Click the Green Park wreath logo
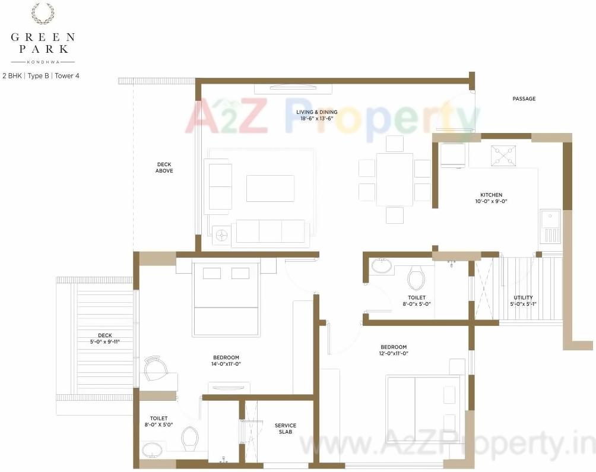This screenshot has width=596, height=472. point(42,13)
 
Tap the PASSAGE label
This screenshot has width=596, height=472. point(524,99)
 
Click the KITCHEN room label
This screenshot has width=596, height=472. point(491,195)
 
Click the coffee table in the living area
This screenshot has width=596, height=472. point(270,188)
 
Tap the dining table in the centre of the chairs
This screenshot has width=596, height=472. point(394,179)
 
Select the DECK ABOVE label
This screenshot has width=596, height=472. point(164,167)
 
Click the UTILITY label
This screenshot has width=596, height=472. point(522,297)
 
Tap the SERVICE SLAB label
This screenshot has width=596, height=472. point(285,429)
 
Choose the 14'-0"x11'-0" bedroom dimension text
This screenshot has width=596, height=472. point(226,364)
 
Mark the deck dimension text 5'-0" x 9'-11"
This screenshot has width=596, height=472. point(104,341)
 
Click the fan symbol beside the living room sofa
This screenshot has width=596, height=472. point(222,235)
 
